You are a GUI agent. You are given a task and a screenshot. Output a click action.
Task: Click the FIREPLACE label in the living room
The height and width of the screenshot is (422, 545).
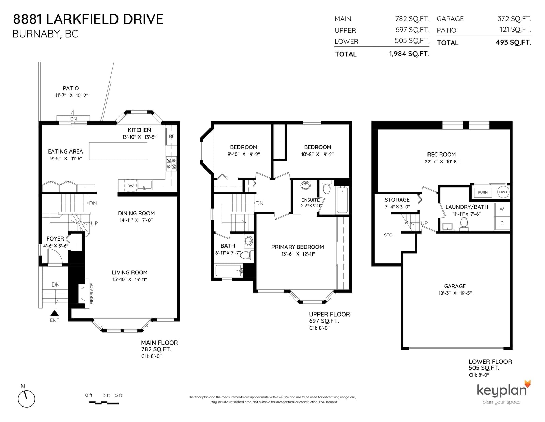tap(92, 294)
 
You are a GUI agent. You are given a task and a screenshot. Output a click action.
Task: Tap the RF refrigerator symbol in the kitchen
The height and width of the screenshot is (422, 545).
tap(172, 136)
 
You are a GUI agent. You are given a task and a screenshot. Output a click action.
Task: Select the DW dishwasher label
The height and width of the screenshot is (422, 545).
tap(130, 186)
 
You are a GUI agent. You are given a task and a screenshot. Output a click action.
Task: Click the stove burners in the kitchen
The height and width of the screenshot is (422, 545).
tap(171, 163)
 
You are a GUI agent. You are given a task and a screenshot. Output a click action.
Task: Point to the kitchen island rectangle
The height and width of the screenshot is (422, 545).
tap(118, 151)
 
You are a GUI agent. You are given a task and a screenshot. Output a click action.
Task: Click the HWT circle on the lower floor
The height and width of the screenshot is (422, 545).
tap(503, 192)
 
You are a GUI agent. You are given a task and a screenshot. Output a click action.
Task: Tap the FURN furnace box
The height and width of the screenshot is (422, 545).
tap(483, 192)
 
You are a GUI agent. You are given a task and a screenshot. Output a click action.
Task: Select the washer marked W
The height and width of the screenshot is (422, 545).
tap(502, 209)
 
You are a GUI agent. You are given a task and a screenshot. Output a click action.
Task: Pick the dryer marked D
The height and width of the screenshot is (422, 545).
tap(502, 223)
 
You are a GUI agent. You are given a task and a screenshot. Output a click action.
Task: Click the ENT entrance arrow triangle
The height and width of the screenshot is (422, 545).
tap(54, 313)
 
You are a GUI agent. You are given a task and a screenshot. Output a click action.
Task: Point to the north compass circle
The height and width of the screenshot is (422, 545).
tap(26, 399)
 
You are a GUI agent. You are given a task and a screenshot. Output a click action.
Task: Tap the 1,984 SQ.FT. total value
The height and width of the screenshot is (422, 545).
tap(409, 54)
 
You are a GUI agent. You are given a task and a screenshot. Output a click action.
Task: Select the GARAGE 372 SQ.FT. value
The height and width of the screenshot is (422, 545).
tap(514, 18)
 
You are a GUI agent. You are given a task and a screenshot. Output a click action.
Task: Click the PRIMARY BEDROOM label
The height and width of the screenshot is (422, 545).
tap(297, 247)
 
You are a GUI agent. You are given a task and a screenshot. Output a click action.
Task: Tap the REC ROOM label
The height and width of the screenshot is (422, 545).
tap(441, 155)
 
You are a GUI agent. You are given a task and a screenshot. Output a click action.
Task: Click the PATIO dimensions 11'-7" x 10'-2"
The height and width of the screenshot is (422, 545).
tap(72, 96)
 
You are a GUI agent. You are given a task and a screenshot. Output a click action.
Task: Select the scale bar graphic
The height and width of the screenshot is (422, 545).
tap(104, 403)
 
